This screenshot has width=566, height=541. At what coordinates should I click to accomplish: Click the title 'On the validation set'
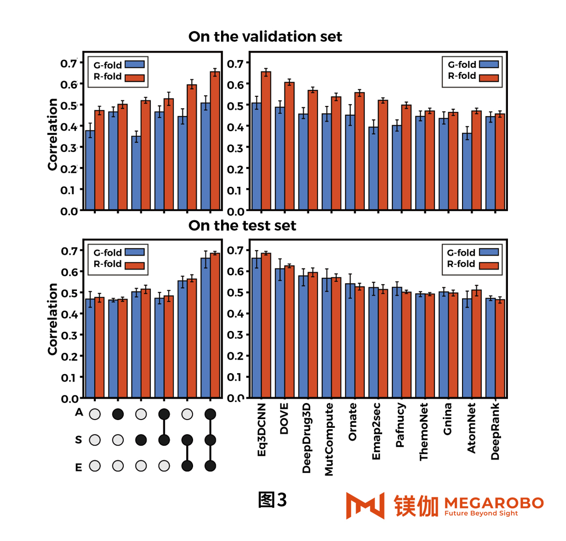[265, 37]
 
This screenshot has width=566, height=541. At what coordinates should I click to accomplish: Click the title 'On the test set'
[242, 225]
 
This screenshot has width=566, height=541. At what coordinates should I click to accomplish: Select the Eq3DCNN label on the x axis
[262, 429]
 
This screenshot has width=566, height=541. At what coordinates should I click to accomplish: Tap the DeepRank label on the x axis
[495, 431]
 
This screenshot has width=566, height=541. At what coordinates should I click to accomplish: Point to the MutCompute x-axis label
[329, 439]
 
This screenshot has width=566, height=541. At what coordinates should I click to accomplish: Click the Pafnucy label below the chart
[400, 425]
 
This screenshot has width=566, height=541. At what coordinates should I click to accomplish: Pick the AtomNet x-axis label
[472, 428]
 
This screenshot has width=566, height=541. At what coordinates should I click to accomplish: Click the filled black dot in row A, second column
[118, 414]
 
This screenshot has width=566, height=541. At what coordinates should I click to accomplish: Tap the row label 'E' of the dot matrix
[78, 467]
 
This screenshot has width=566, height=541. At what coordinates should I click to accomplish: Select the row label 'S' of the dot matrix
[78, 440]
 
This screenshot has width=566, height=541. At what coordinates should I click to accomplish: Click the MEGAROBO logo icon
[365, 506]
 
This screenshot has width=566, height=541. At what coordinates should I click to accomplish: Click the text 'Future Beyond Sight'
[481, 513]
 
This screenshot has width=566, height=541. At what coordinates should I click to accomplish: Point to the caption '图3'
[272, 500]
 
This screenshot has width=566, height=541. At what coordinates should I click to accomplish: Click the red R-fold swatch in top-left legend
[135, 77]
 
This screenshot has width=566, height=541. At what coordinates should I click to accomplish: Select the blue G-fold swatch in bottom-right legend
[489, 252]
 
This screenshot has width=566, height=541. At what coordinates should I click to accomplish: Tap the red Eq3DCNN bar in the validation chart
[266, 140]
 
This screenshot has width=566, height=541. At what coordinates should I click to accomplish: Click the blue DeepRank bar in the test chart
[491, 348]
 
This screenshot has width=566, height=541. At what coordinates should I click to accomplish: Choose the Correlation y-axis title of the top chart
[52, 135]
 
